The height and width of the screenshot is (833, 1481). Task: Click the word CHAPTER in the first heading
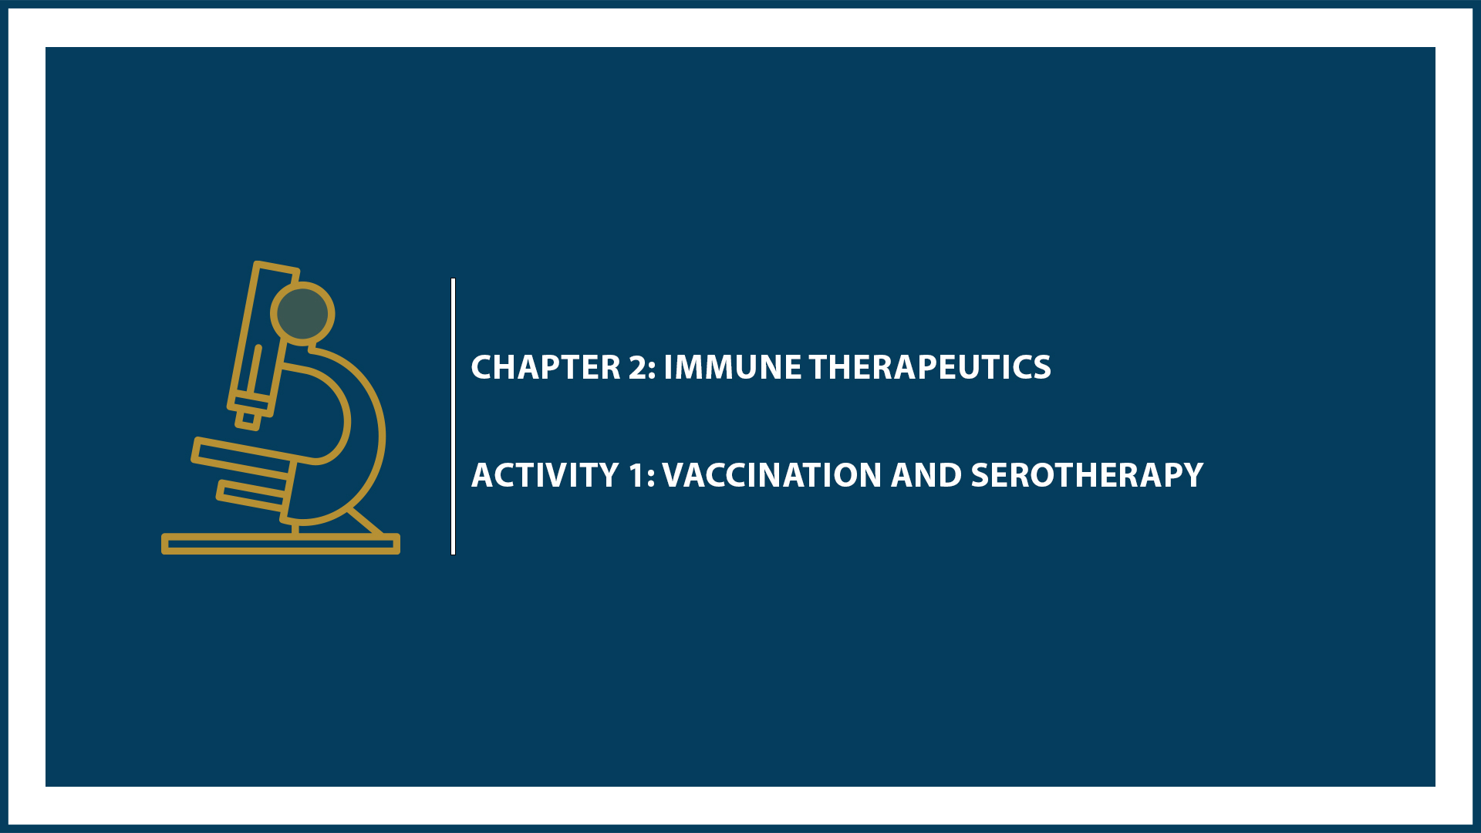pyautogui.click(x=545, y=368)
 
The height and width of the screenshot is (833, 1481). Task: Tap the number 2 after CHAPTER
pyautogui.click(x=637, y=368)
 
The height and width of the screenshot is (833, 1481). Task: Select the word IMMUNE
pyautogui.click(x=732, y=368)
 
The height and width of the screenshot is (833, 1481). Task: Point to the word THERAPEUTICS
pyautogui.click(x=929, y=368)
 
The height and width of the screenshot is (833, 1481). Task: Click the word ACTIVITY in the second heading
pyautogui.click(x=545, y=476)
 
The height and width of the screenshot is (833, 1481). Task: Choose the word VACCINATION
pyautogui.click(x=771, y=476)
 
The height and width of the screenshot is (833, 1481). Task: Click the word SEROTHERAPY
pyautogui.click(x=1086, y=476)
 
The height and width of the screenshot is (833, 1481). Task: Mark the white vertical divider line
pyautogui.click(x=453, y=416)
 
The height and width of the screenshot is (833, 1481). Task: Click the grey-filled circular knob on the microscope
pyautogui.click(x=302, y=313)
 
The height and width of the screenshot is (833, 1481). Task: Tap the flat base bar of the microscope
pyautogui.click(x=280, y=544)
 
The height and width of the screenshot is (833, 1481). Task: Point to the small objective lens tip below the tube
pyautogui.click(x=248, y=419)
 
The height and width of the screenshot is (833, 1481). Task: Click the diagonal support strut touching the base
pyautogui.click(x=366, y=521)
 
